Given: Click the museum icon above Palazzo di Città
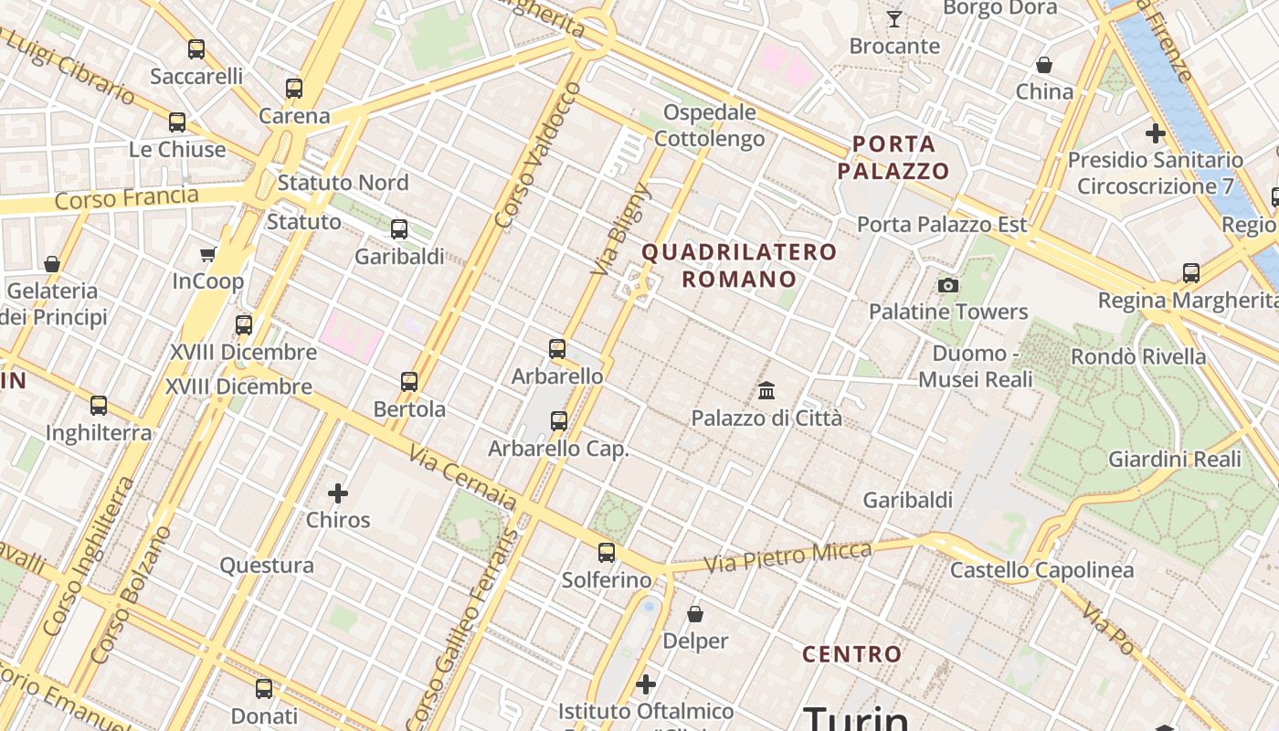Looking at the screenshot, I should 766,391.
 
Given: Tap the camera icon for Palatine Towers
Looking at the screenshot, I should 948,285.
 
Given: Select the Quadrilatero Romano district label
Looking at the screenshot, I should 739,265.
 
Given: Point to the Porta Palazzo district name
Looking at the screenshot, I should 893,157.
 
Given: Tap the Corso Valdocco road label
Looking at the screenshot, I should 537,155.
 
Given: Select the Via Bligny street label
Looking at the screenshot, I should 621,229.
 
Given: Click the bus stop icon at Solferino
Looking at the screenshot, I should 607,552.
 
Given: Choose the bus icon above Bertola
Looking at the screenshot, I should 409,381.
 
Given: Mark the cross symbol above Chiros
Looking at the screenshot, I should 338,494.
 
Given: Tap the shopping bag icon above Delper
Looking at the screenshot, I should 695,614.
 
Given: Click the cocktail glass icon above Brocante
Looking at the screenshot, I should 894,19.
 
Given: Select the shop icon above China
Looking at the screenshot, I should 1044,65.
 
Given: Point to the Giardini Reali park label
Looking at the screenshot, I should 1175,459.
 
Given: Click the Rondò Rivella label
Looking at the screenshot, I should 1138,356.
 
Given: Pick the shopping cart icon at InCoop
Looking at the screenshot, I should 207,255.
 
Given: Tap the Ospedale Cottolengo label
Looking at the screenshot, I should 710,126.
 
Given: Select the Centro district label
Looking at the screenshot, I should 851,654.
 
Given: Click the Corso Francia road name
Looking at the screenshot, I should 126,197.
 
